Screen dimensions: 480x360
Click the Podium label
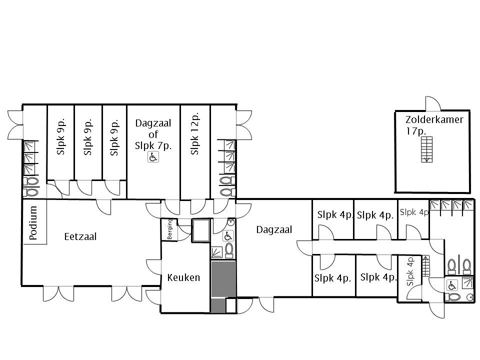point(33,222)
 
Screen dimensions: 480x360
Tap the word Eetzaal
point(80,236)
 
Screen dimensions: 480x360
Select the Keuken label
point(183,277)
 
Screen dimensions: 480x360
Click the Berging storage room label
point(170,228)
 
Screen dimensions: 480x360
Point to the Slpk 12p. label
point(194,133)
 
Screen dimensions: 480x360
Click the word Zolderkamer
point(434,119)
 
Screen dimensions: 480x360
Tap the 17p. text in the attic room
point(416,131)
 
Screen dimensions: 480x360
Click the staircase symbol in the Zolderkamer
point(426,149)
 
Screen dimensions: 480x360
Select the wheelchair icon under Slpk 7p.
point(153,157)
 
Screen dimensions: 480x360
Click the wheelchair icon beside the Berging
point(228,235)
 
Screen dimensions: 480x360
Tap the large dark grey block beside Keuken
point(223,279)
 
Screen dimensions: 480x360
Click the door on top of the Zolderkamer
point(433,103)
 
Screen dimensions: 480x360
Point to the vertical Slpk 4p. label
point(410,271)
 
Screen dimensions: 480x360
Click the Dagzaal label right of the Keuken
point(274,229)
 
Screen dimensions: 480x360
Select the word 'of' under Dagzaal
point(153,134)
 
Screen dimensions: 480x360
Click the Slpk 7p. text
point(153,145)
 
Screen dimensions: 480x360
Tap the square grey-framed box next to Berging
point(201,230)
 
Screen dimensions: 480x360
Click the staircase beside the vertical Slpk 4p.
point(426,266)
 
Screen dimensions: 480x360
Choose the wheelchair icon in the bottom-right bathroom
point(452,285)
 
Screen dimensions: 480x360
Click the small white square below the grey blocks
point(231,305)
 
